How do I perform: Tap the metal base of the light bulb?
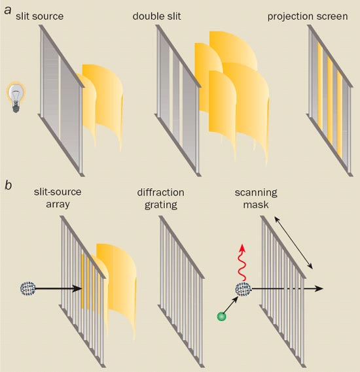16,107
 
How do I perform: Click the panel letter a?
8,11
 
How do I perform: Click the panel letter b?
8,185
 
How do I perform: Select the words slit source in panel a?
40,16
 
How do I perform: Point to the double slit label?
156,16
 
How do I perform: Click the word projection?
289,17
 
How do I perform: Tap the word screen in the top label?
331,17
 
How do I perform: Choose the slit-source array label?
58,198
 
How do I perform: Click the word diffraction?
161,192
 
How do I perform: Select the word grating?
161,205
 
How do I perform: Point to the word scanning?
256,193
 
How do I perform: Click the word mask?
256,205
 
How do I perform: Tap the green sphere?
221,316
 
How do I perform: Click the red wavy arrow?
242,262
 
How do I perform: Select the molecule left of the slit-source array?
28,288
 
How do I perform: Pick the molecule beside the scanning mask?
243,289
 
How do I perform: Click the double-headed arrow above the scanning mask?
293,243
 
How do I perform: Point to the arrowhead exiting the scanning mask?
319,288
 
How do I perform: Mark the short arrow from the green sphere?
231,305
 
